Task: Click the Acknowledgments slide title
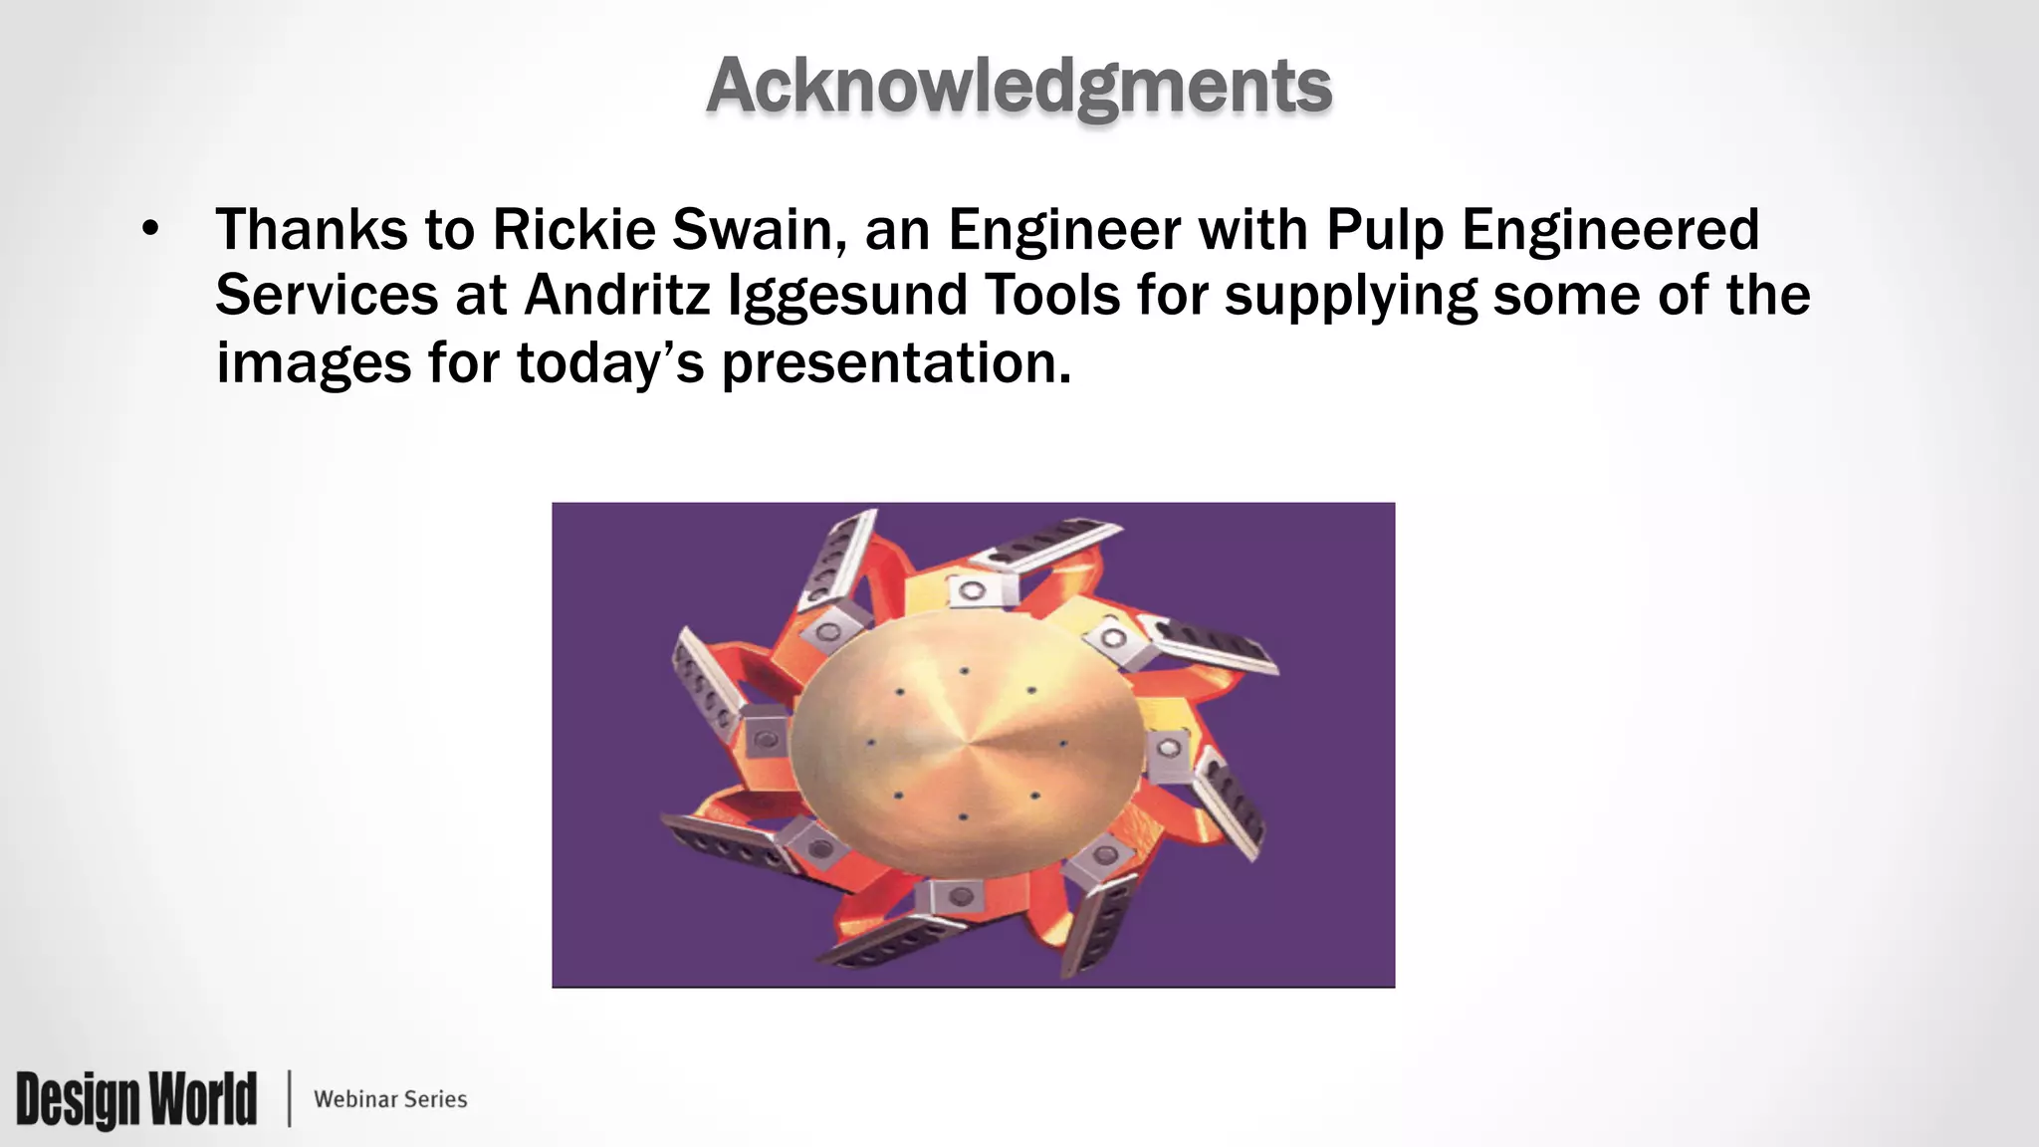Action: (1019, 87)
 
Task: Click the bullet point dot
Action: (150, 230)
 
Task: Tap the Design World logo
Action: (136, 1099)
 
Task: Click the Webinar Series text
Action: (390, 1099)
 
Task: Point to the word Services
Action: (327, 296)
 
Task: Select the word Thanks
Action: (311, 230)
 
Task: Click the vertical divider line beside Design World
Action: (290, 1099)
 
